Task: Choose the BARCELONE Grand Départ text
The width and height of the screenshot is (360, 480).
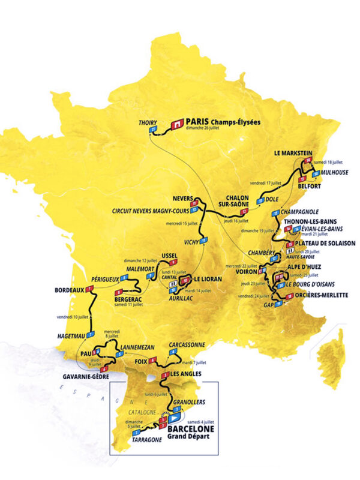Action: pos(191,433)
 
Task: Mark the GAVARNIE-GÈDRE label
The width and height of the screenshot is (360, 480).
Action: pos(86,376)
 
